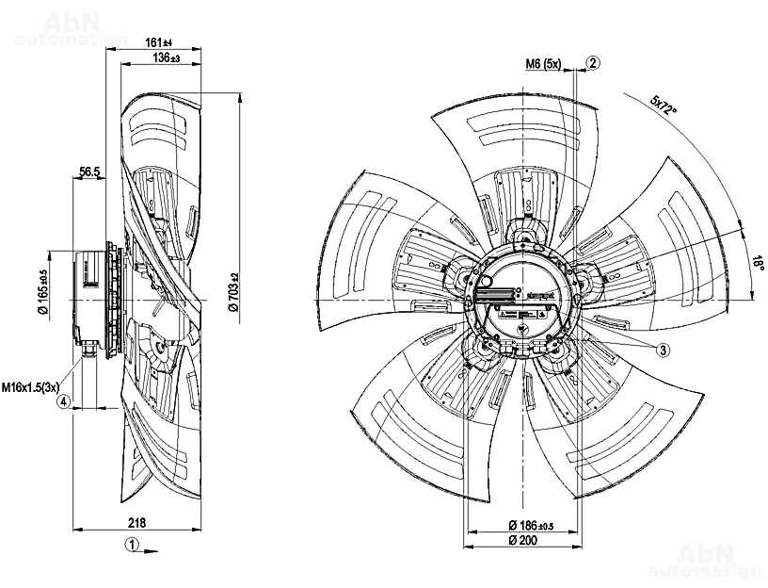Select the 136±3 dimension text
166,58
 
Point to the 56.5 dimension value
89,171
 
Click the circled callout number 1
133,544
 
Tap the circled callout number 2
592,63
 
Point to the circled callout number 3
663,350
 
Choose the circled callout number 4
64,401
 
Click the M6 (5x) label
543,64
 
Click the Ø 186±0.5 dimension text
532,524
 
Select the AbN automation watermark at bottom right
704,560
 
